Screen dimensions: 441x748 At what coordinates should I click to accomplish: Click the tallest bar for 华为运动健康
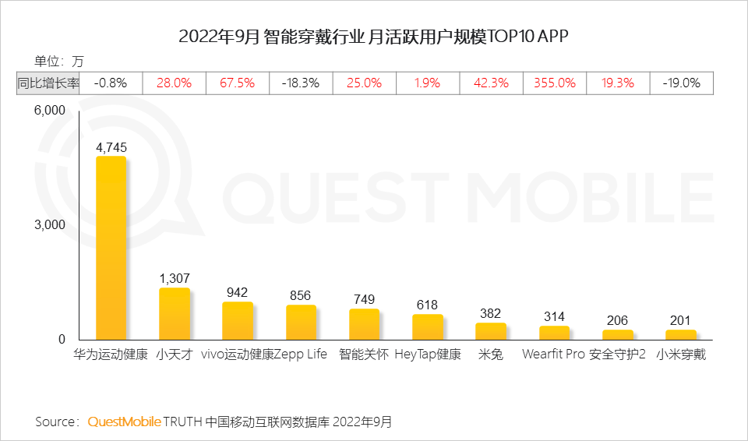(111, 248)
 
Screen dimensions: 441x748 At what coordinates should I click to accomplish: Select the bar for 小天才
(174, 314)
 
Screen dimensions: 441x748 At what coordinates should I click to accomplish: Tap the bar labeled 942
(237, 321)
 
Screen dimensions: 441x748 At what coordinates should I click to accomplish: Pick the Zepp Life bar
(301, 323)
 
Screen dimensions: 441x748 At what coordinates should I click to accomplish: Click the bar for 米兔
(490, 331)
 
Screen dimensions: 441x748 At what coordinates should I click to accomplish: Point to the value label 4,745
(111, 146)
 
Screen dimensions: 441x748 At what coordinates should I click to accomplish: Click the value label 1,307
(174, 278)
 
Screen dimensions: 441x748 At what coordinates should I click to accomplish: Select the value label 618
(427, 305)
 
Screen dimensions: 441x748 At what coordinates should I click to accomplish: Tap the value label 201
(680, 320)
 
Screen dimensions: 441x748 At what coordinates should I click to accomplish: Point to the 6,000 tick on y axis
(49, 111)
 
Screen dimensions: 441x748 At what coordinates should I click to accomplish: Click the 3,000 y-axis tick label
(49, 225)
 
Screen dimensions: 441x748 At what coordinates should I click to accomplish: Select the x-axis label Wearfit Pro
(553, 355)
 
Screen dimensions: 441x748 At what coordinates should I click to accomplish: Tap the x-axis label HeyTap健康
(427, 355)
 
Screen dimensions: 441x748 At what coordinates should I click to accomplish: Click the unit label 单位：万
(58, 61)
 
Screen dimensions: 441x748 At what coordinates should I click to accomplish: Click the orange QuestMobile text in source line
(124, 422)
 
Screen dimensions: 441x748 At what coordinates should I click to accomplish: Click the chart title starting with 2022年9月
(373, 37)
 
